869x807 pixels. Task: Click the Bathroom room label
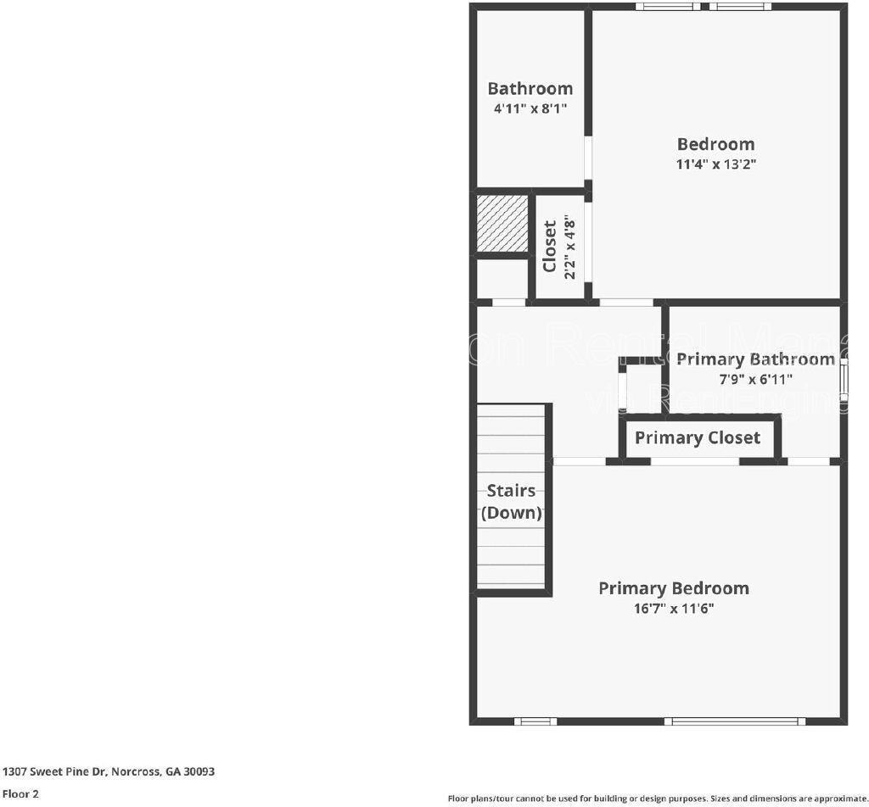tap(530, 88)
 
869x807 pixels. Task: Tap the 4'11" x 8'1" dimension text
tap(530, 109)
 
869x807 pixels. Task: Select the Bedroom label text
tap(715, 144)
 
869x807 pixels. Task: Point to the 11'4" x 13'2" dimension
tap(715, 164)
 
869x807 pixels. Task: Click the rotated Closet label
tap(550, 247)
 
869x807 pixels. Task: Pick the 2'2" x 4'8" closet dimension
tap(570, 247)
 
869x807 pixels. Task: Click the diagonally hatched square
tap(502, 223)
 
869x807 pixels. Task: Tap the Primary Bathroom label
tap(755, 359)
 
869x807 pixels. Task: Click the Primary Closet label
tap(698, 437)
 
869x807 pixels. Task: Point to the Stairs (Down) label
tap(511, 502)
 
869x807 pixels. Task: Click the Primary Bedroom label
tap(674, 588)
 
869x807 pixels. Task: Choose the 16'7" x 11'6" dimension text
tap(674, 609)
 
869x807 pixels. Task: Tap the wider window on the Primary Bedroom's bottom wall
tap(735, 721)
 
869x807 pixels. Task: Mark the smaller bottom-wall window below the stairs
tap(535, 721)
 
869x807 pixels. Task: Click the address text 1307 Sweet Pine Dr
tap(109, 771)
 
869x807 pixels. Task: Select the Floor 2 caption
tap(20, 794)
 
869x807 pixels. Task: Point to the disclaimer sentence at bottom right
tap(658, 798)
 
